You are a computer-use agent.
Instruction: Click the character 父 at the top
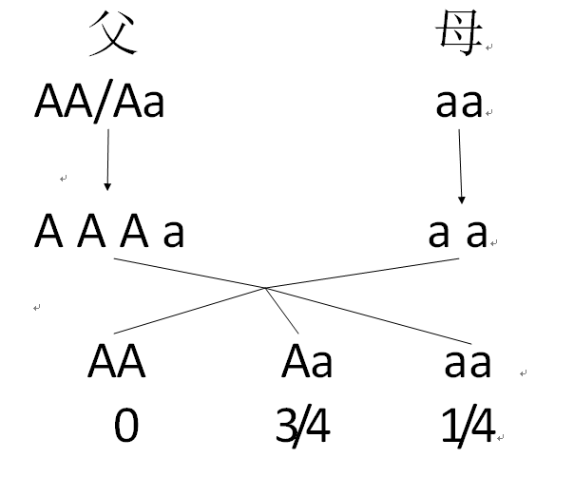tap(114, 35)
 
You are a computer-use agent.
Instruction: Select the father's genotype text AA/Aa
tap(99, 102)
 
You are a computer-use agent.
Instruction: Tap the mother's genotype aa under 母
tap(459, 103)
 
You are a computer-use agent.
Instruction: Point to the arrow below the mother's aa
tap(461, 167)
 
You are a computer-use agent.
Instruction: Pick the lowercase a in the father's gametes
tap(173, 232)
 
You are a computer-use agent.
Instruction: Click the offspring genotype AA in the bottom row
tap(116, 362)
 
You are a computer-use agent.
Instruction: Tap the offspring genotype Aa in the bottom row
tap(307, 362)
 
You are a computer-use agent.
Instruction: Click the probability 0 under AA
tap(125, 427)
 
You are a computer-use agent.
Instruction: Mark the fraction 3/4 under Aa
tap(302, 428)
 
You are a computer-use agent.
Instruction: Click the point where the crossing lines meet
tap(266, 288)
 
